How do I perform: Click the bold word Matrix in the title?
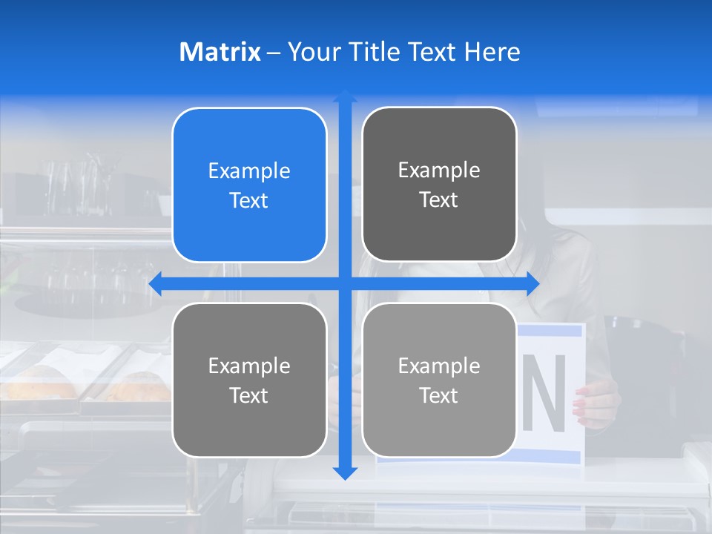tap(220, 52)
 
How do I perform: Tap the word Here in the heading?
tap(492, 52)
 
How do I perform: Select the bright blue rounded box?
tap(249, 185)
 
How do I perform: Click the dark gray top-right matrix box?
tap(439, 185)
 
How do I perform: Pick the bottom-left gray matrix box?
tap(249, 380)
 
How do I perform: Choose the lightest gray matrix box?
tap(439, 380)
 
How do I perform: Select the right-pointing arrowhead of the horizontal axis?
tap(532, 284)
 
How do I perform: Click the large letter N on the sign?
tap(544, 393)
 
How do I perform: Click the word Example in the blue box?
tap(249, 171)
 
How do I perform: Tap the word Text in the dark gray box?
tap(439, 200)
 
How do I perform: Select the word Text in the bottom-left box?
tap(249, 395)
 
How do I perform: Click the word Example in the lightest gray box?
tap(439, 366)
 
